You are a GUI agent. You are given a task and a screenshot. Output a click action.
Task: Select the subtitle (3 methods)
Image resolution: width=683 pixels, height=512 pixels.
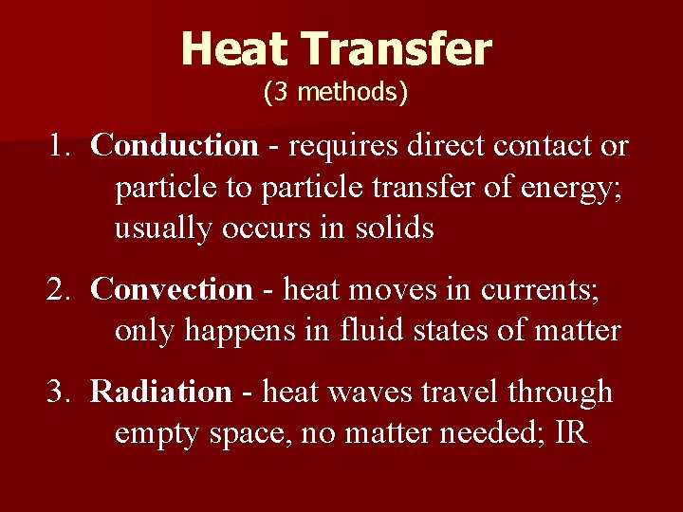point(336,92)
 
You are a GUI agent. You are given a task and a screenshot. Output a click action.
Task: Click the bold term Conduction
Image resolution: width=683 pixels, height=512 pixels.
point(175,146)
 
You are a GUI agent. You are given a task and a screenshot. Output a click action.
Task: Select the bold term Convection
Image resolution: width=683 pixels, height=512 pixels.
point(173,288)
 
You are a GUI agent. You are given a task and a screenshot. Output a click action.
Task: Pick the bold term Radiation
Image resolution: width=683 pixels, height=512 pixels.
point(161,392)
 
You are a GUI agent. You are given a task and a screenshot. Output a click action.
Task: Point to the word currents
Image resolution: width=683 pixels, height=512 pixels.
point(541,289)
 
